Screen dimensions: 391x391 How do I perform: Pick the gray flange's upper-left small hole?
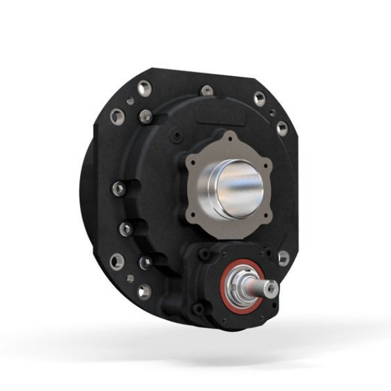[191, 159]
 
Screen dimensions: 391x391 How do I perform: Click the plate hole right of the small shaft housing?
[283, 258]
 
